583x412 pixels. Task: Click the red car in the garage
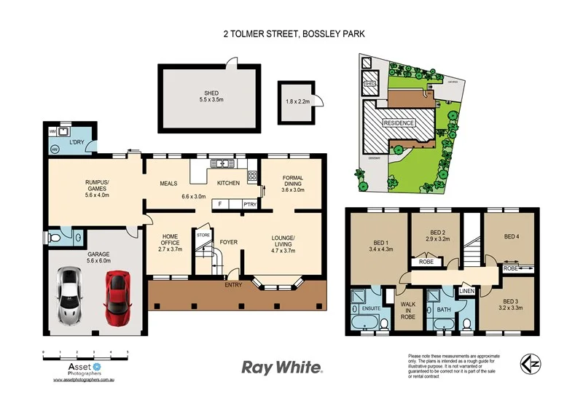click(x=117, y=299)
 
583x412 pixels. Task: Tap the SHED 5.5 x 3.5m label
click(x=211, y=96)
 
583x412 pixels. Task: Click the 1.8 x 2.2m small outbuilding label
click(x=298, y=102)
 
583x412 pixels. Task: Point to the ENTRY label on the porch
click(x=233, y=285)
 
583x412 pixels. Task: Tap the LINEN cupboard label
click(x=467, y=292)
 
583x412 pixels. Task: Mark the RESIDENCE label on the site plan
click(x=399, y=123)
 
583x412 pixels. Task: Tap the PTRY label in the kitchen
click(x=249, y=204)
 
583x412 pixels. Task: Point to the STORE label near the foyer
click(x=203, y=235)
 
